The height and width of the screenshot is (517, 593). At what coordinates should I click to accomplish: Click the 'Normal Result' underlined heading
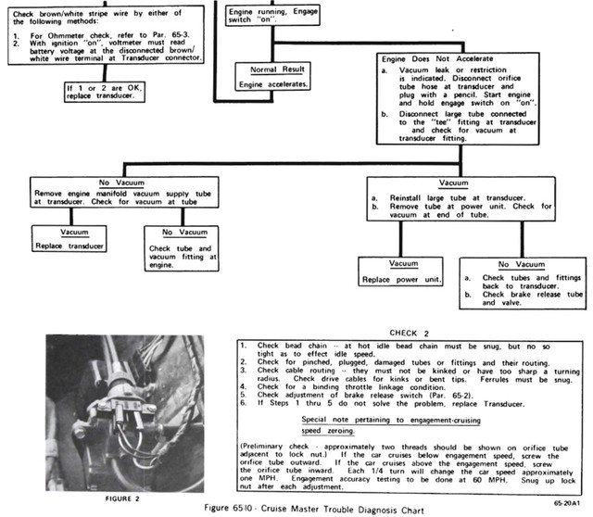[x=277, y=69]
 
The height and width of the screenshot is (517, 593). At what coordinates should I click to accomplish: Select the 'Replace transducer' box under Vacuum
[x=69, y=239]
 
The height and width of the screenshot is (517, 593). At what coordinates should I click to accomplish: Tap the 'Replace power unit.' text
[x=401, y=280]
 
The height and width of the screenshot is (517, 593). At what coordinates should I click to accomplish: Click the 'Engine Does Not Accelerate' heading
[x=437, y=59]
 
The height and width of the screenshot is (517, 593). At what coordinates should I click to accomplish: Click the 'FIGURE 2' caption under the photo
[x=122, y=498]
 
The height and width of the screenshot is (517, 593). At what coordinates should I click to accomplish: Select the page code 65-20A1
[x=566, y=503]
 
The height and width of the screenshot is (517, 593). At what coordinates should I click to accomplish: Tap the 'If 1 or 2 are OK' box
[x=105, y=92]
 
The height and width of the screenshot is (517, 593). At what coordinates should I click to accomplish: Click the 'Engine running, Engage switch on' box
[x=272, y=15]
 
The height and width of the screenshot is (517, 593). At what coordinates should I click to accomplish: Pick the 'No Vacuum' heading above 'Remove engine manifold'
[x=121, y=183]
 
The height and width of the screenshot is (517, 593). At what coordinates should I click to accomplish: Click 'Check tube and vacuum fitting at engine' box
[x=182, y=248]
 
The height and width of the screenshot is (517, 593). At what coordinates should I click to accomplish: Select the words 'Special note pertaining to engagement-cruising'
[x=391, y=420]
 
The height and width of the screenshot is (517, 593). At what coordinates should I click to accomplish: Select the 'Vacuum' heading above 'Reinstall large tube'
[x=453, y=183]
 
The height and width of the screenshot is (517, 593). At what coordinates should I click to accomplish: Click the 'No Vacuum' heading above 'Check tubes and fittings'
[x=521, y=264]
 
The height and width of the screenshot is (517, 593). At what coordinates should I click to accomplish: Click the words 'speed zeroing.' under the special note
[x=328, y=431]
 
